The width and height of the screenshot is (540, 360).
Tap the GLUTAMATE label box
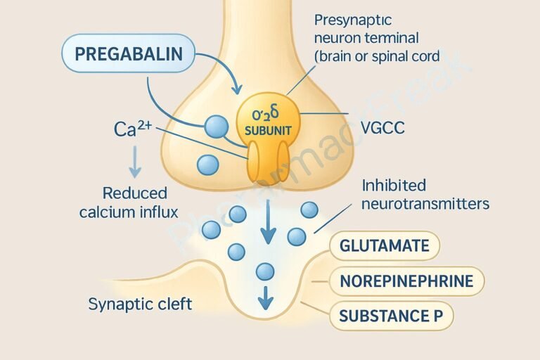click(x=384, y=246)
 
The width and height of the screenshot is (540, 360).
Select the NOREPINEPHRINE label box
click(x=406, y=281)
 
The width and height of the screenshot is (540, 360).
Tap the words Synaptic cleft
click(x=141, y=304)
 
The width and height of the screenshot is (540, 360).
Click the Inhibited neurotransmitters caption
click(x=425, y=195)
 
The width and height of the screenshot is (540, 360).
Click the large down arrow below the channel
click(x=268, y=221)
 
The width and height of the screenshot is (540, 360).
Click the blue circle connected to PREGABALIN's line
click(x=217, y=127)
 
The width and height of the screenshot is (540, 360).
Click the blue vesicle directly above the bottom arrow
click(x=265, y=271)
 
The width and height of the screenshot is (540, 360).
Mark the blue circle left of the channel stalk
click(x=208, y=165)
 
